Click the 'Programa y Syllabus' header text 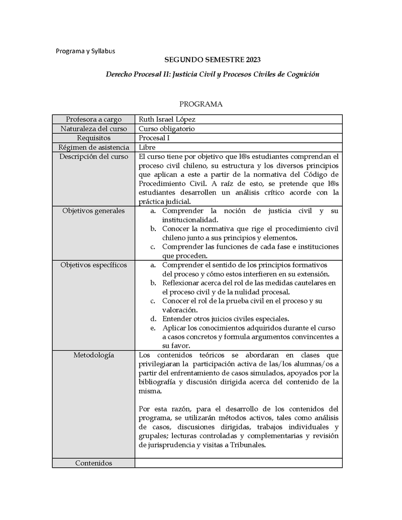pos(85,51)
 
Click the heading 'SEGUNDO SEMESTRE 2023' pos(213,60)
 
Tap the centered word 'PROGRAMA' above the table pos(201,105)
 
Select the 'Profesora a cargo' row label pos(93,120)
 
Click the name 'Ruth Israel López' pos(167,120)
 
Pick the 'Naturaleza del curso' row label pos(93,129)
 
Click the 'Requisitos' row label pos(93,138)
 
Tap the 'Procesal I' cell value pos(154,138)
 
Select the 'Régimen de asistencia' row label pos(93,147)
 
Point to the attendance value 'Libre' pos(147,147)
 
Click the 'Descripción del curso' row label pos(93,157)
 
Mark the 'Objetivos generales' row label pos(93,211)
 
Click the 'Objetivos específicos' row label pos(93,265)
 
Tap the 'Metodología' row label pos(93,355)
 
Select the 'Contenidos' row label pos(93,463)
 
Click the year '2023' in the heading pos(253,60)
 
